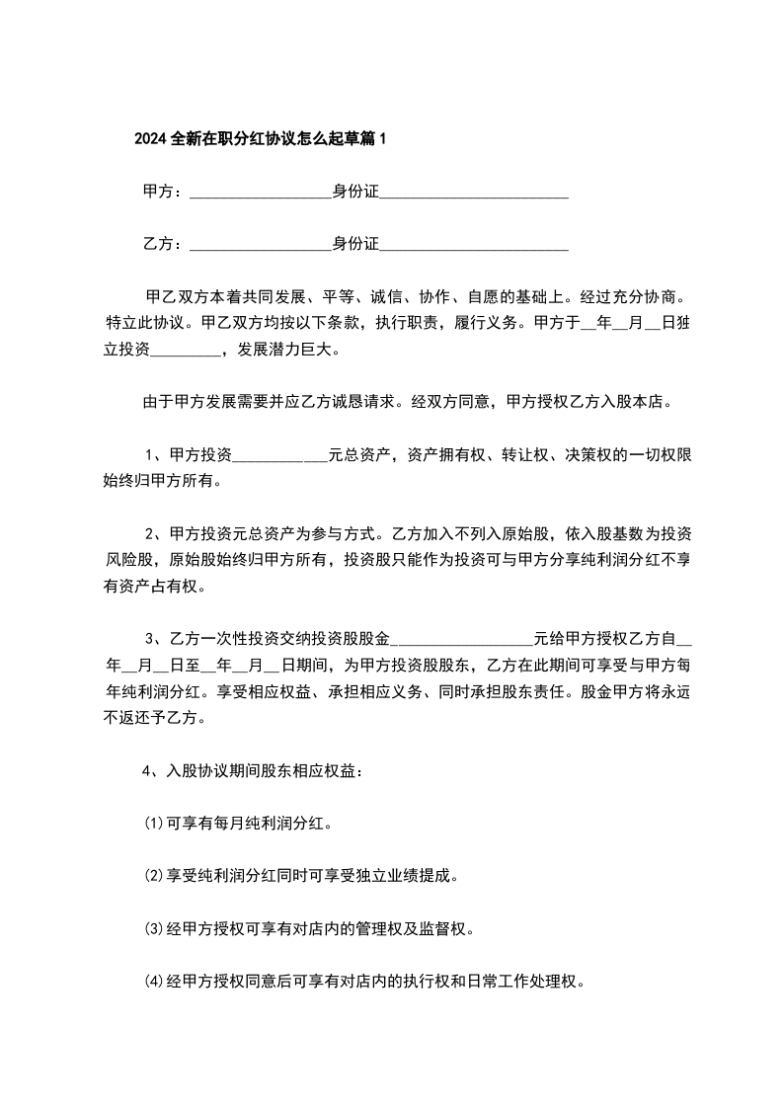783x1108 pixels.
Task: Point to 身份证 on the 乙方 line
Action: point(355,244)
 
